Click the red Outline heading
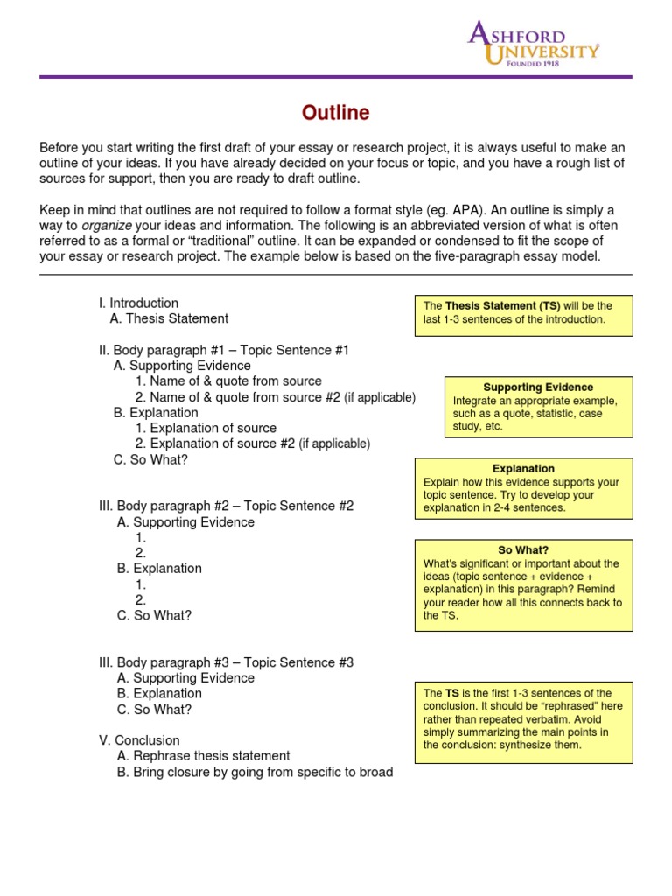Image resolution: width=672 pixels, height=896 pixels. coord(335,113)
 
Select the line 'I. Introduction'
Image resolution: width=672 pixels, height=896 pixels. coord(138,304)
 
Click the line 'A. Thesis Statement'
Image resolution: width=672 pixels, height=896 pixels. coord(169,319)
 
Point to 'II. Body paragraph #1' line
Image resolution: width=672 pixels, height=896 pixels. coord(223,351)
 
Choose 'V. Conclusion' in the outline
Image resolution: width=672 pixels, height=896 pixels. coord(139,740)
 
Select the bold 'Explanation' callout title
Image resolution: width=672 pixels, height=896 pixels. coord(523,469)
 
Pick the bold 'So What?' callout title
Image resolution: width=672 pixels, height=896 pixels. coord(523,550)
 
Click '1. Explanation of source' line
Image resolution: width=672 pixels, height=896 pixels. coord(206,429)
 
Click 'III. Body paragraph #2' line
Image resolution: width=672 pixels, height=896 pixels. coord(226,507)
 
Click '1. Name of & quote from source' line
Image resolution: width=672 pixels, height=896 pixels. coord(228,381)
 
